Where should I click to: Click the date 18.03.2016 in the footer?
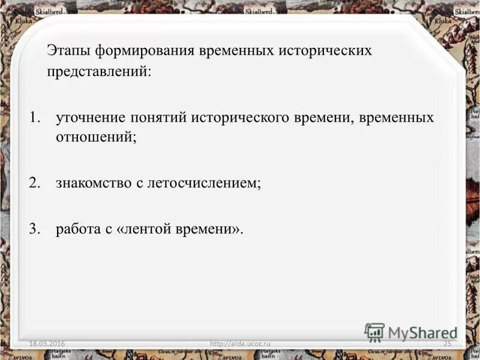coord(47,343)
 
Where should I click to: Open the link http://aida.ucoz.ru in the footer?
coord(241,343)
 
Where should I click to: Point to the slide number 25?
coord(446,343)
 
